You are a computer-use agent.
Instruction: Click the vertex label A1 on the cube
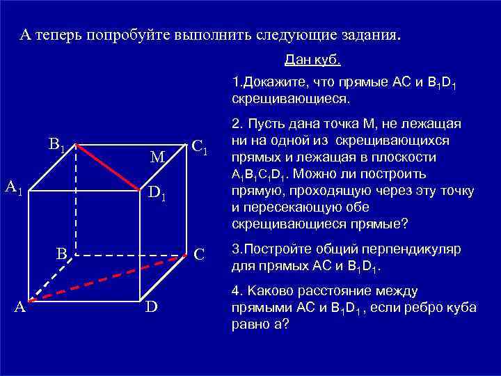pyautogui.click(x=15, y=187)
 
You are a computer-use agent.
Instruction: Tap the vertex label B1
pyautogui.click(x=56, y=146)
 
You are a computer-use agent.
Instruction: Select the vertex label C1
pyautogui.click(x=200, y=147)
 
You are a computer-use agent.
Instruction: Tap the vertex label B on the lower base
pyautogui.click(x=61, y=254)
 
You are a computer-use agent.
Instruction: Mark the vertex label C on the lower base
pyautogui.click(x=199, y=254)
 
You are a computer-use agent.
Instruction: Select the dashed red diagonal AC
pyautogui.click(x=111, y=276)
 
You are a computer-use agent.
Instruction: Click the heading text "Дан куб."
pyautogui.click(x=312, y=61)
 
